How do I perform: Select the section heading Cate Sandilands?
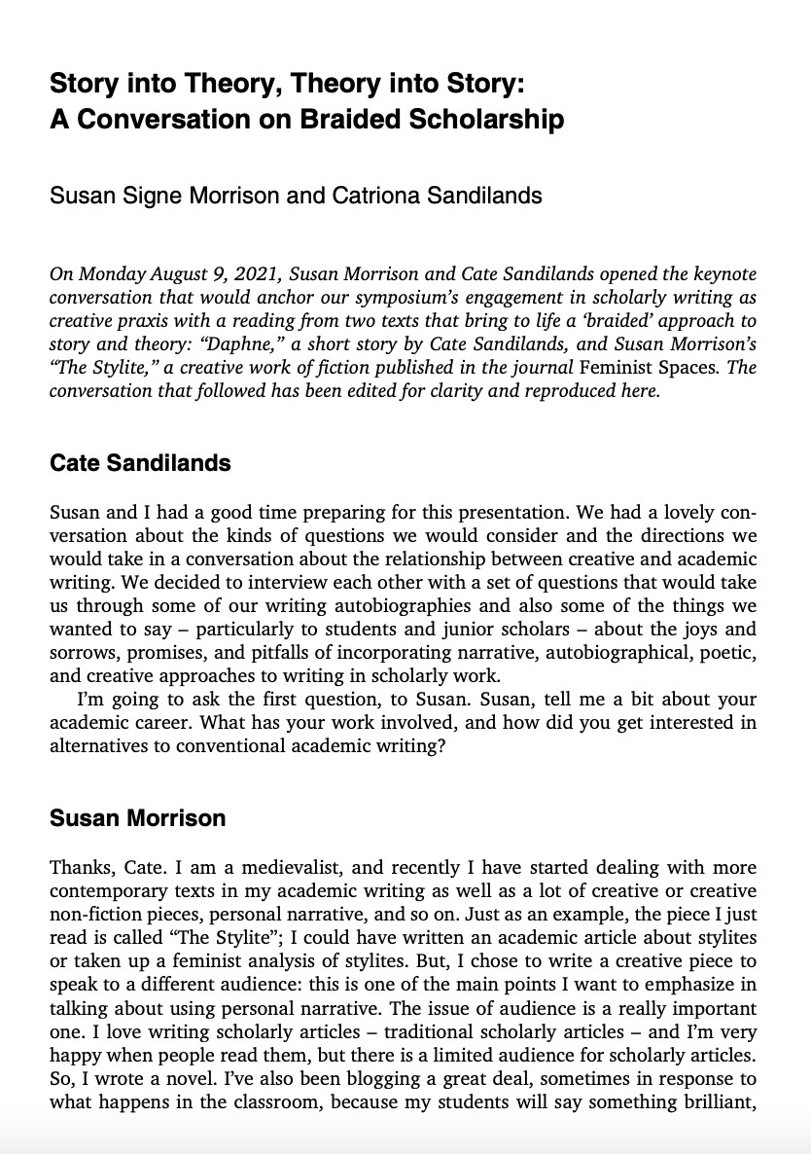coord(140,462)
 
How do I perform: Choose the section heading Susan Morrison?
coord(137,817)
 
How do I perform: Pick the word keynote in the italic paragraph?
coord(721,274)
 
